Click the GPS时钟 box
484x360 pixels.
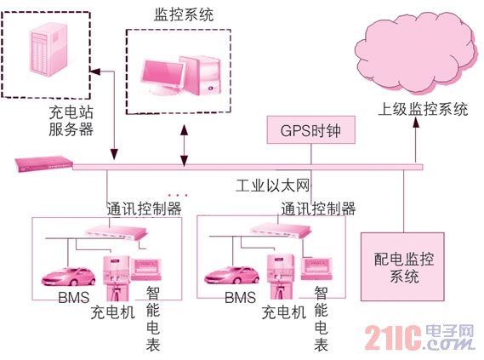(310, 130)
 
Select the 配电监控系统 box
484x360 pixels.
(403, 266)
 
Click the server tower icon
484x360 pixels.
(48, 49)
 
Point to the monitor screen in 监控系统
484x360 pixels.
(162, 74)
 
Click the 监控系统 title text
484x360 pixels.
(184, 14)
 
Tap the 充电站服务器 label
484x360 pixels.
(71, 121)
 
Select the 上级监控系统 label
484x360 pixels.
(423, 109)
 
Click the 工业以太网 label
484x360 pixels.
(272, 186)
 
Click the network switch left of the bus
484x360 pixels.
(44, 164)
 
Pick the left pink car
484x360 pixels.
(69, 276)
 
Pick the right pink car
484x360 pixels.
(232, 275)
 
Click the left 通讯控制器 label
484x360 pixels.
(144, 209)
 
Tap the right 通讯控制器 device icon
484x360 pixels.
(281, 231)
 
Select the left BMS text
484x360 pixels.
(74, 298)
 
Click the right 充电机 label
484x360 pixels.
(283, 312)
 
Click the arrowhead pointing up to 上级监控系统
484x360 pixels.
(416, 123)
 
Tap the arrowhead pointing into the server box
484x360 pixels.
(95, 71)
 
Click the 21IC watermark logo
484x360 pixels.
(419, 338)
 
